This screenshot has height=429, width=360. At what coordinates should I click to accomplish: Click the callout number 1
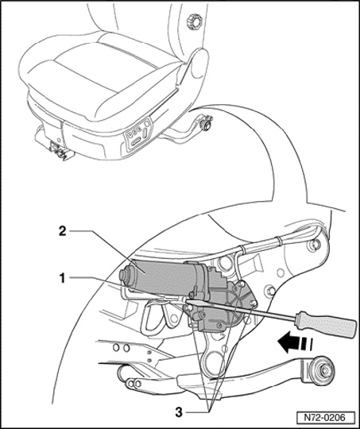coord(63,279)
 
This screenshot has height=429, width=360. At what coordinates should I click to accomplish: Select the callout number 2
coord(63,231)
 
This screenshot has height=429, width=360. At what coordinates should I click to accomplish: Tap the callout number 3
coord(179,412)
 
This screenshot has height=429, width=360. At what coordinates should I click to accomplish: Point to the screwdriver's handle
coord(325,325)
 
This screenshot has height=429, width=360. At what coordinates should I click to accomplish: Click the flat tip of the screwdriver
coord(188,301)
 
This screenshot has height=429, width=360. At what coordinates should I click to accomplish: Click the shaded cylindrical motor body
coord(161,276)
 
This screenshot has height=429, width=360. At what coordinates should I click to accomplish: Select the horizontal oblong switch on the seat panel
coord(136,142)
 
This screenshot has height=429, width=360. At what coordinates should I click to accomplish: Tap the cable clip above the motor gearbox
coord(242,250)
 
